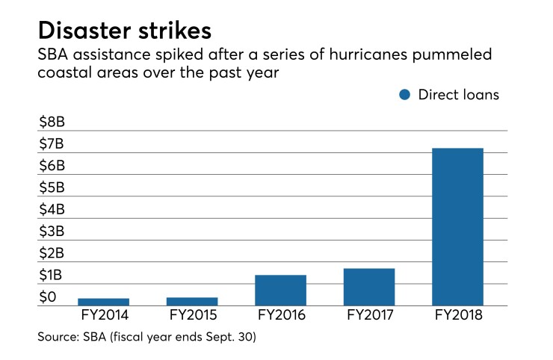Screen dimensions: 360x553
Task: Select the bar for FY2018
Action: pyautogui.click(x=457, y=226)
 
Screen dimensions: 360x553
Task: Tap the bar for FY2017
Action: pyautogui.click(x=369, y=287)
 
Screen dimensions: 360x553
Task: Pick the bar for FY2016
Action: pyautogui.click(x=280, y=290)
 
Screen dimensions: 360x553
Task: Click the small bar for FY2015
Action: pyautogui.click(x=192, y=301)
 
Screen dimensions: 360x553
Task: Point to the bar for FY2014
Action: pyautogui.click(x=103, y=302)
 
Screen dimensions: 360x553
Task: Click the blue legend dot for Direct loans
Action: pyautogui.click(x=404, y=95)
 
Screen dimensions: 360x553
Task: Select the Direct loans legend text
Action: pyautogui.click(x=458, y=95)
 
